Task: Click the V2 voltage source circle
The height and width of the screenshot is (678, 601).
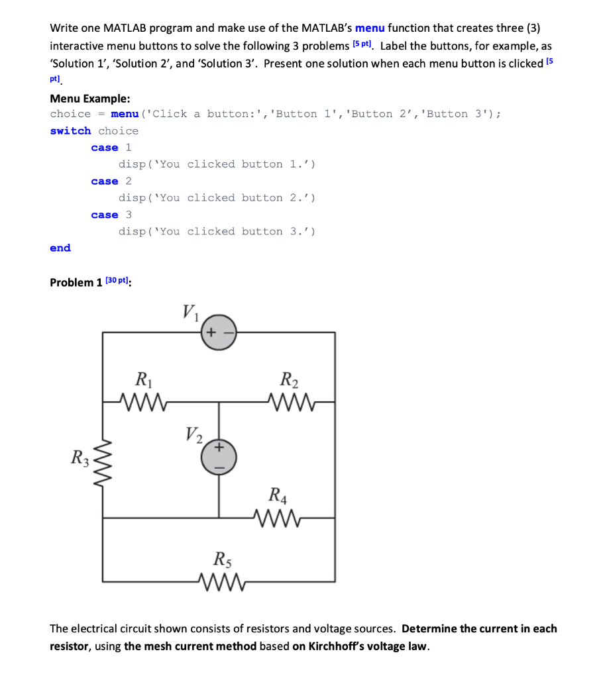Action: point(219,457)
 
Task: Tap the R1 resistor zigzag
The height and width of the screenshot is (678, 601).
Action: point(144,401)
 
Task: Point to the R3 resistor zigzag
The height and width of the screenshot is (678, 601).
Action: point(103,458)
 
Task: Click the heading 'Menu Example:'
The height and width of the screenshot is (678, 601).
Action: point(90,99)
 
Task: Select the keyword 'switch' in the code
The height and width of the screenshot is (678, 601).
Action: point(70,130)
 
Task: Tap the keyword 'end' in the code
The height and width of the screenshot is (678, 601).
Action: point(60,248)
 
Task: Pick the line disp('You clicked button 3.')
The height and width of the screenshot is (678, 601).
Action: point(217,231)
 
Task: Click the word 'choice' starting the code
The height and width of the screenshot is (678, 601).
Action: point(70,113)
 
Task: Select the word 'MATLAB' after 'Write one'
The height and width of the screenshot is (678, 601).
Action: point(123,28)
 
